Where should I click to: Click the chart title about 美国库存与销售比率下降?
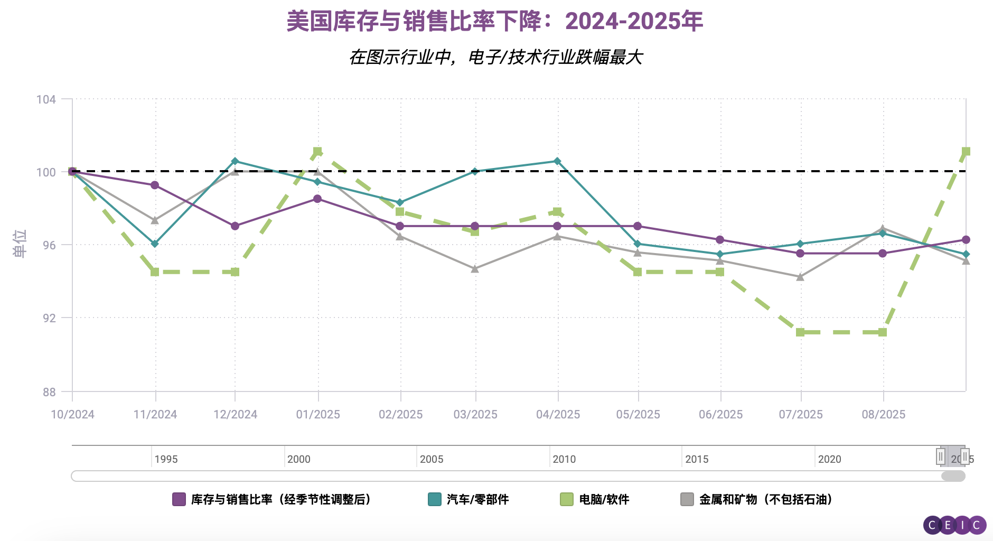tap(495, 22)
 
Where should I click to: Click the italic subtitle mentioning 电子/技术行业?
tap(495, 57)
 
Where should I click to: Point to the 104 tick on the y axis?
tap(46, 99)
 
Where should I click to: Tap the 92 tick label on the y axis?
tap(49, 318)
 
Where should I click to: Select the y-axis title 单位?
tap(20, 244)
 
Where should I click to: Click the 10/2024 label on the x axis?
tap(72, 415)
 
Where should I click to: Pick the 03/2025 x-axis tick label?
tap(475, 415)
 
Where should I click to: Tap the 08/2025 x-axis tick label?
tap(884, 415)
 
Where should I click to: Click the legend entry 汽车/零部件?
tap(477, 499)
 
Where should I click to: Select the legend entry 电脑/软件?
tap(604, 499)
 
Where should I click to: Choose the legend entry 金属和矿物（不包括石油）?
tap(765, 499)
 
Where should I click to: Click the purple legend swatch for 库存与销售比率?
tap(179, 499)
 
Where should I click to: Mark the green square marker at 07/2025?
tap(800, 332)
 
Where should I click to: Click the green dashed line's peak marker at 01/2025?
tap(317, 152)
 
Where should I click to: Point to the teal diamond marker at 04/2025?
tap(557, 161)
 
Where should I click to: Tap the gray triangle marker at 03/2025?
tap(475, 269)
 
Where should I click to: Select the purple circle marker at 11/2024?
tap(155, 185)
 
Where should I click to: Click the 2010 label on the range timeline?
tap(564, 459)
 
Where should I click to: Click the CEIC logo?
tap(954, 525)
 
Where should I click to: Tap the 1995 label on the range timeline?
tap(166, 459)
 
